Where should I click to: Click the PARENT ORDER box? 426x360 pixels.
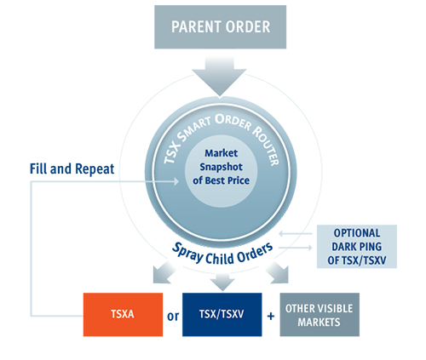(220, 27)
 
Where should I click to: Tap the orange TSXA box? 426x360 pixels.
(123, 315)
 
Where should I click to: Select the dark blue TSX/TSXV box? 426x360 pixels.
(222, 315)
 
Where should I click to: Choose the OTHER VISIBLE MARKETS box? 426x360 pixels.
(319, 315)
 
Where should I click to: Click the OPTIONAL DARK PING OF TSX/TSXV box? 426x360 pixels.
(357, 247)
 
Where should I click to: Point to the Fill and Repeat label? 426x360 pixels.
(72, 169)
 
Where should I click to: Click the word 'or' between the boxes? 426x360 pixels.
(173, 316)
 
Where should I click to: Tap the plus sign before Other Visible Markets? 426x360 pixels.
(271, 316)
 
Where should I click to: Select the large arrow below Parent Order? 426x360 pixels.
(219, 77)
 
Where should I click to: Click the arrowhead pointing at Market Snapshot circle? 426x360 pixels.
(176, 181)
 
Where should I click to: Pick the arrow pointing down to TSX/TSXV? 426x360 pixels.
(222, 282)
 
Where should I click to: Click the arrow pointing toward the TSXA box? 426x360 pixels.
(164, 273)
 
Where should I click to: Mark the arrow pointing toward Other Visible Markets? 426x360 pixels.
(278, 272)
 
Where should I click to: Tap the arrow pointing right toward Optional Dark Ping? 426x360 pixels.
(296, 248)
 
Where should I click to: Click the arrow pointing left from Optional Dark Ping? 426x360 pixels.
(296, 233)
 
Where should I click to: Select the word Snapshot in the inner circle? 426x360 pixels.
(221, 167)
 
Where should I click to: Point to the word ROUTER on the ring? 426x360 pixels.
(266, 146)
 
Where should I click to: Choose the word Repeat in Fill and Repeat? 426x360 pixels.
(95, 169)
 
